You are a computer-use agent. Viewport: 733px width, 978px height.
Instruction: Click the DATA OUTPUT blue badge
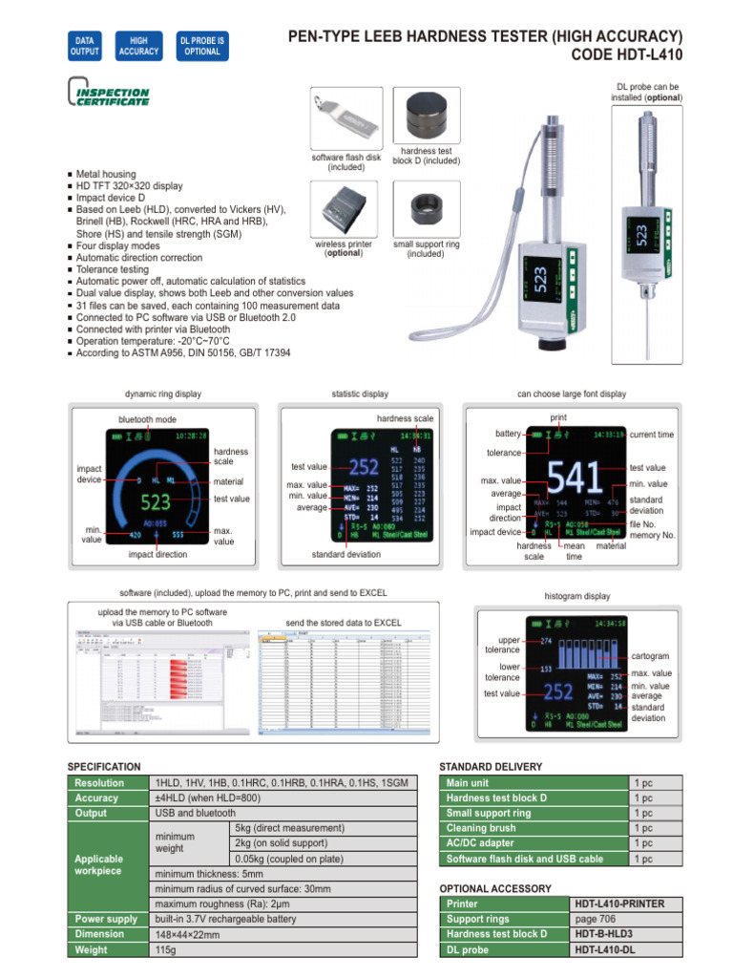85,46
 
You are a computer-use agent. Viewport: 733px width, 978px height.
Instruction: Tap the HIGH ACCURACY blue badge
139,46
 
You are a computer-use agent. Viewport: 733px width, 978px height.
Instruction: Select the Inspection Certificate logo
109,96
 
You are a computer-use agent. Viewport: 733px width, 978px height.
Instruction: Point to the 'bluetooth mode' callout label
147,419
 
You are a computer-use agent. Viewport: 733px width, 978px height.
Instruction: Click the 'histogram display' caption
576,597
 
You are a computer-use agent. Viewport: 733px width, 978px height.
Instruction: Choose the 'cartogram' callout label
650,657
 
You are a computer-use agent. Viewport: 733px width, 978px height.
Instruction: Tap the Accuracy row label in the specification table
97,797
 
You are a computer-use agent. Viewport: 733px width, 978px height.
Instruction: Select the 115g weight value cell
167,950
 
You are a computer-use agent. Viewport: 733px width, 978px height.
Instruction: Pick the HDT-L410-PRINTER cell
619,904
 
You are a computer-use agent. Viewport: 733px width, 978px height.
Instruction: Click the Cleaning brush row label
481,828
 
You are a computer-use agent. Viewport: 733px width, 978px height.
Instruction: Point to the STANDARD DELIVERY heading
490,766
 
